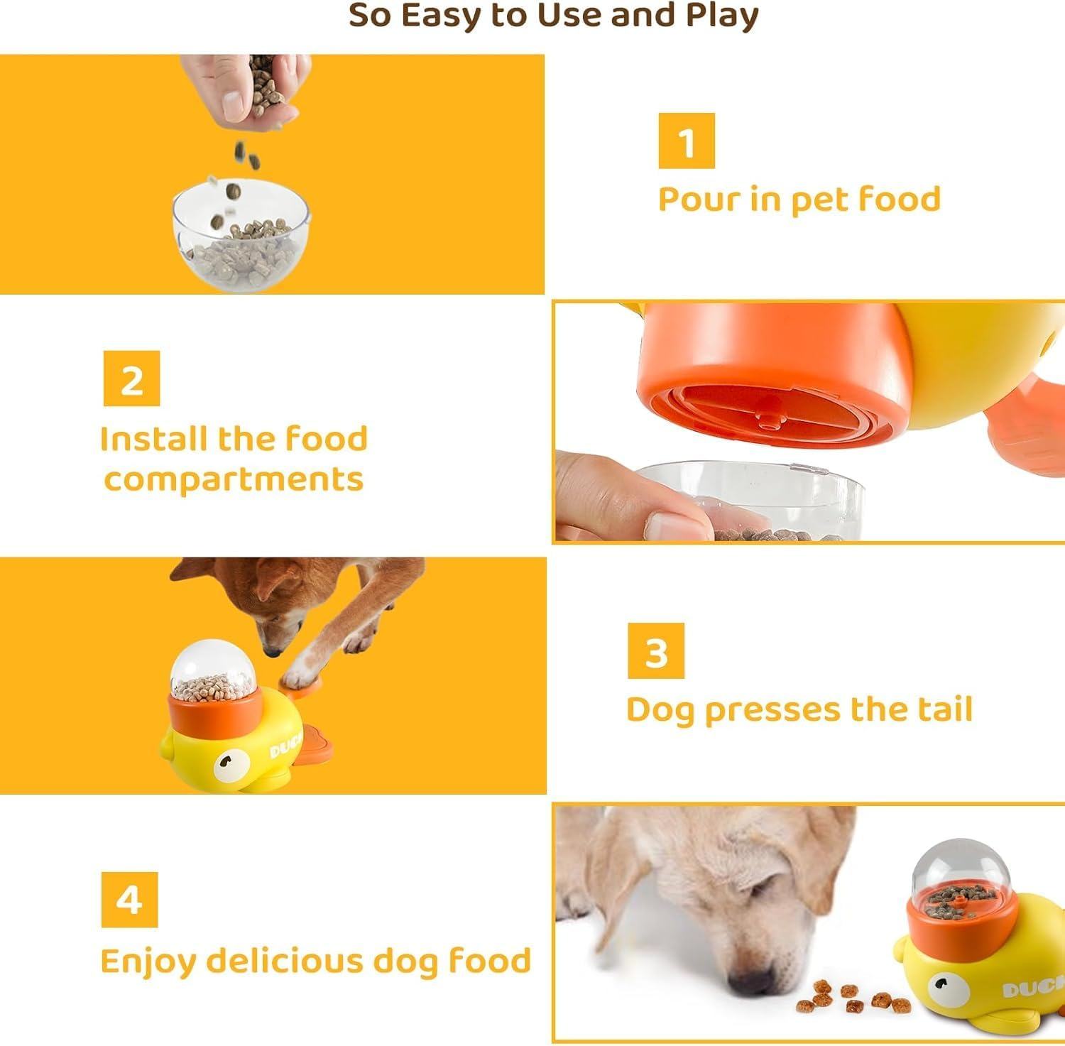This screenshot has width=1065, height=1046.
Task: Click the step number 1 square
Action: (x=686, y=141)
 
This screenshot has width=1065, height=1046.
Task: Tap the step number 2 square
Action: (x=131, y=378)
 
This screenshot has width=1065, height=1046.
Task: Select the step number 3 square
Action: (x=655, y=650)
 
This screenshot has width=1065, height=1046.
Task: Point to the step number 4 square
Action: (x=129, y=900)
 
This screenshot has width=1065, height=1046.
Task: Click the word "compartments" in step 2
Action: (x=234, y=479)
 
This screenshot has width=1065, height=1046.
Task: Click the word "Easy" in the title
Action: (x=442, y=16)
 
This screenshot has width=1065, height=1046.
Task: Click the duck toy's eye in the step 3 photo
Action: (x=224, y=762)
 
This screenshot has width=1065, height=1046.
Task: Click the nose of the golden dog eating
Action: (x=753, y=982)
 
